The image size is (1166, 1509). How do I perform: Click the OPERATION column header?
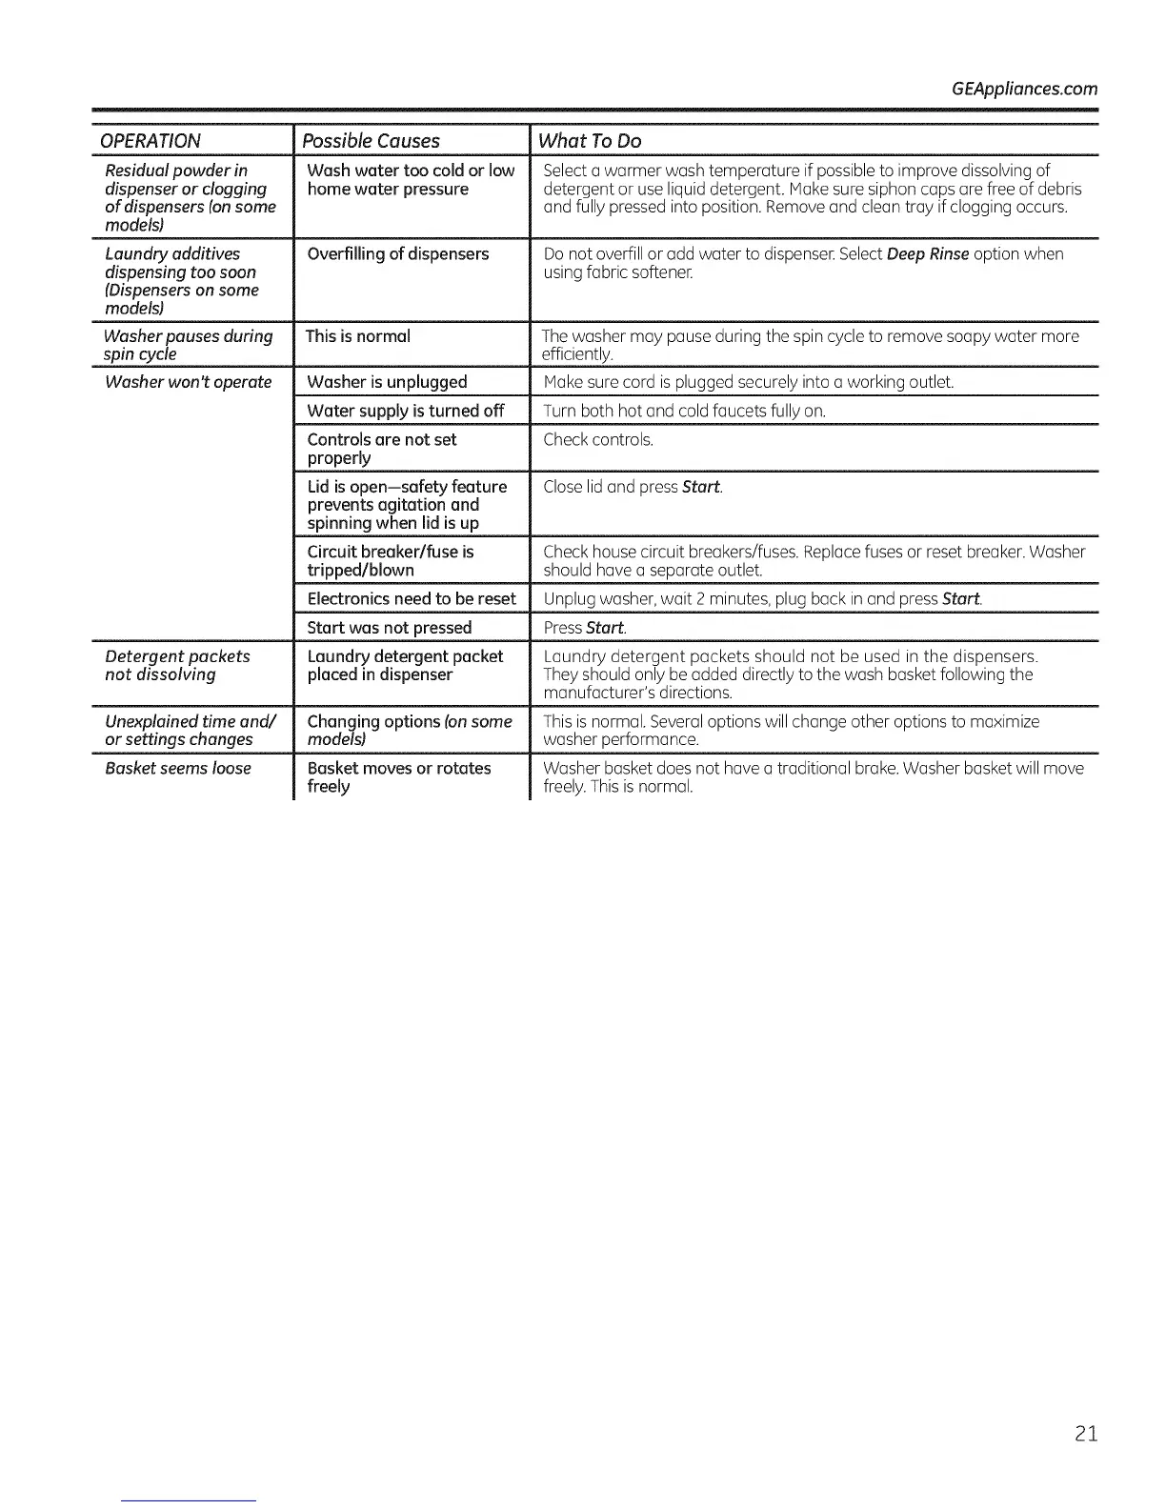(151, 141)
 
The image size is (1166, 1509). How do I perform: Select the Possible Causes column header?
(371, 141)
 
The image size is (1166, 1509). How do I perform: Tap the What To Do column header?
(589, 141)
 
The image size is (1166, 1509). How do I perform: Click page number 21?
(1086, 1433)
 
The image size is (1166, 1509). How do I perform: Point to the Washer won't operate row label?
(188, 382)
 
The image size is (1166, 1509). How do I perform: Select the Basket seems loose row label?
(177, 768)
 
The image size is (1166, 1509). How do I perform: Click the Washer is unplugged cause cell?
(387, 382)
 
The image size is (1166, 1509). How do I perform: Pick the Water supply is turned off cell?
(405, 411)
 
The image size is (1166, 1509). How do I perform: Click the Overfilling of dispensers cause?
(397, 253)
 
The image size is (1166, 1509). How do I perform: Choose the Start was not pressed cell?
(389, 627)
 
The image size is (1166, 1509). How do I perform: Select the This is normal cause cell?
(357, 336)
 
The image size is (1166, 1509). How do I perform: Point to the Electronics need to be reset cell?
(411, 598)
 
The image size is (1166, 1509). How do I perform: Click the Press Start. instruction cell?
(584, 627)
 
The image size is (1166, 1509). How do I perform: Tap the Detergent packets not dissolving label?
(177, 665)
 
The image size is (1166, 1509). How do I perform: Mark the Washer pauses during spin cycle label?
(188, 345)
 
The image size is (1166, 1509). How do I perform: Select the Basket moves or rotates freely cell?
(398, 776)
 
